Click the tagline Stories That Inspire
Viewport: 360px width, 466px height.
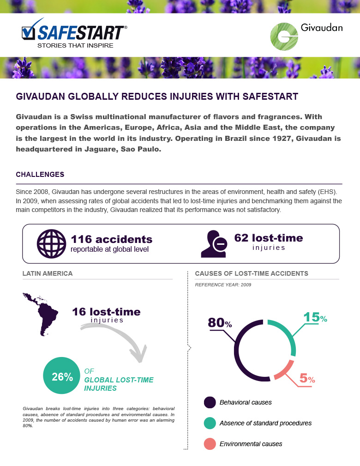point(75,46)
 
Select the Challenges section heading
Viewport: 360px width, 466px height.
point(40,175)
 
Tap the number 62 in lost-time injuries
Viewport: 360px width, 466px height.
point(242,238)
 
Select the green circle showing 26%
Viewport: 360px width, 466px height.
point(62,376)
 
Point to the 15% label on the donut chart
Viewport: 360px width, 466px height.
point(315,318)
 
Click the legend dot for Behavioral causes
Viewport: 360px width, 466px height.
point(210,402)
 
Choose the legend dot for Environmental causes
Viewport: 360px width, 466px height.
point(210,444)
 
